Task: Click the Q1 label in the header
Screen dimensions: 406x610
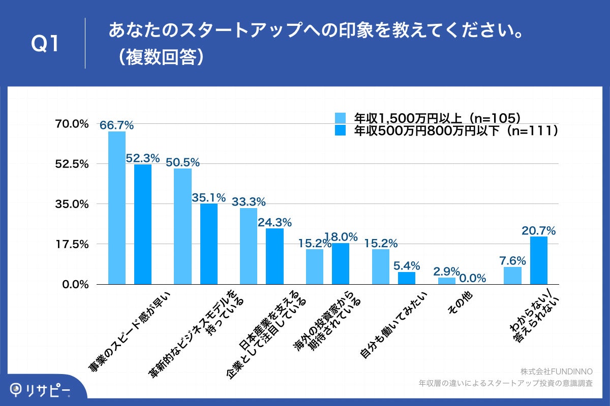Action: (45, 44)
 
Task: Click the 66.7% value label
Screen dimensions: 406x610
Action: (116, 125)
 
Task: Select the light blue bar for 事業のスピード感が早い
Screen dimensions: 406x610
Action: (116, 208)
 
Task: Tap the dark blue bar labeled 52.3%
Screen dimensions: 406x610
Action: (143, 224)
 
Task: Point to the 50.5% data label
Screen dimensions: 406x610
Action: (182, 162)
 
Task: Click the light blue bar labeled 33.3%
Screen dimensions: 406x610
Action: (249, 246)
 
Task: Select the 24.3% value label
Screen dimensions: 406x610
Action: (275, 222)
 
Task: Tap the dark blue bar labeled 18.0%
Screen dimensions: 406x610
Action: (341, 264)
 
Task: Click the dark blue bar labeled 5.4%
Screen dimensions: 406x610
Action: (407, 278)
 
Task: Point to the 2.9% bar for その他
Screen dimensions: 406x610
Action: (447, 281)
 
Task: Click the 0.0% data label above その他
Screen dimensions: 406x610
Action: (473, 278)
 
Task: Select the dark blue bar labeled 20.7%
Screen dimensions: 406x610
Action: (538, 260)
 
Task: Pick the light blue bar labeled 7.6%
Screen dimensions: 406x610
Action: (512, 276)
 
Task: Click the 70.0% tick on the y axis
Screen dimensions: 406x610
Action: (75, 124)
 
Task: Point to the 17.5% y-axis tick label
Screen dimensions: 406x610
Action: (75, 244)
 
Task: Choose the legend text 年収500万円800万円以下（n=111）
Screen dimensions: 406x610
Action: (456, 131)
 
